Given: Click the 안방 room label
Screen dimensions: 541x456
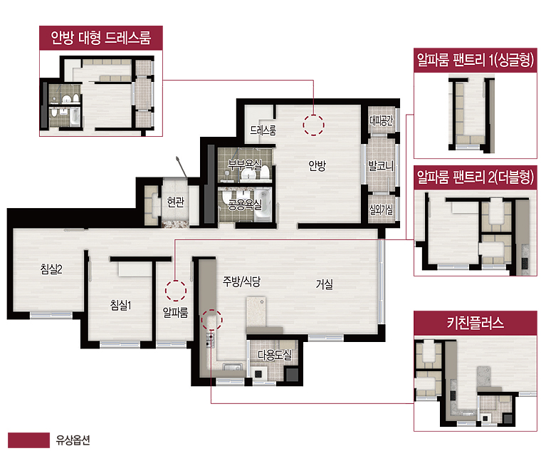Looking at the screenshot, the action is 317,166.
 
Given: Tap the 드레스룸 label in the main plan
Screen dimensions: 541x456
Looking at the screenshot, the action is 263,130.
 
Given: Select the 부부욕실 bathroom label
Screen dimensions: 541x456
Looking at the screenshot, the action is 245,165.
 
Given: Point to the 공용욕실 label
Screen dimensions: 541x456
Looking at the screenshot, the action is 245,204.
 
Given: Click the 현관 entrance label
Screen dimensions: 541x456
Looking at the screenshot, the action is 176,202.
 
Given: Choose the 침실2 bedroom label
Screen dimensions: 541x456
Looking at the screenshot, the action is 51,269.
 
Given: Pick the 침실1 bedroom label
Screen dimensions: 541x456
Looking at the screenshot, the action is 120,305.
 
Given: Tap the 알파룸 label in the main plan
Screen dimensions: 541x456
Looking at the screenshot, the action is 175,312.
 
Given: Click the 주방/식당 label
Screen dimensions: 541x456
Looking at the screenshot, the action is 241,281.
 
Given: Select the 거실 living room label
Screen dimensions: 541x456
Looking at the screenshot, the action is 325,284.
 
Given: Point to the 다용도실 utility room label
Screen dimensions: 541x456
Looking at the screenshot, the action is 275,354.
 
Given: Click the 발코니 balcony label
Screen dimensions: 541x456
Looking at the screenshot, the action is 381,165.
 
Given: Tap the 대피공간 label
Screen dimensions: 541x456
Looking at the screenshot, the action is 381,120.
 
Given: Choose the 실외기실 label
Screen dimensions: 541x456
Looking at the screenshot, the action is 381,209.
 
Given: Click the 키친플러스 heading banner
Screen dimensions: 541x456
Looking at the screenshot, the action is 476,323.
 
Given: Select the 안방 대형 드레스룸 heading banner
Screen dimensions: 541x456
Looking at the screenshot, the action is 101,38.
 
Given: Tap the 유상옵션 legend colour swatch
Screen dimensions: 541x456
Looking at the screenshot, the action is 28,440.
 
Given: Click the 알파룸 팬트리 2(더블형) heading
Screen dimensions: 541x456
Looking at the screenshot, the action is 476,177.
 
